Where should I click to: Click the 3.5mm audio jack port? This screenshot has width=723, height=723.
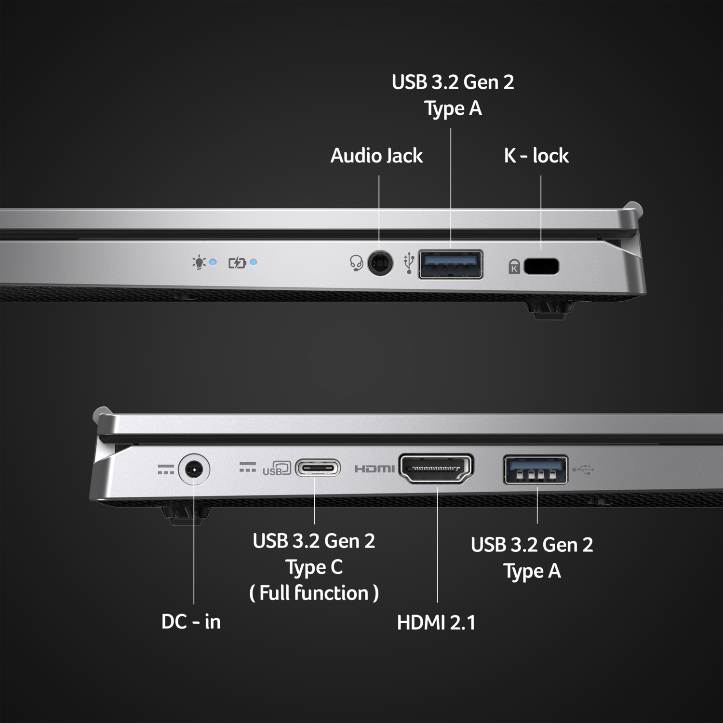click(x=380, y=263)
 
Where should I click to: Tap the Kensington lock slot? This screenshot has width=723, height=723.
click(x=541, y=266)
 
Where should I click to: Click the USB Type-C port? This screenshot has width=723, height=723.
click(x=318, y=468)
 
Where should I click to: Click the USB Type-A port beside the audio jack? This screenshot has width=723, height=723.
click(x=451, y=264)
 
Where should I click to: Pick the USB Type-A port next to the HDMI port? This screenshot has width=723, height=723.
click(x=536, y=469)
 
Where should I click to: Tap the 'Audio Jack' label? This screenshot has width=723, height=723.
click(x=376, y=156)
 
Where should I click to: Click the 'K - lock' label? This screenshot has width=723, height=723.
click(x=536, y=156)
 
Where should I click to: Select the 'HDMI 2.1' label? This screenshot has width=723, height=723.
click(x=436, y=622)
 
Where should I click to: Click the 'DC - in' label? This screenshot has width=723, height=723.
click(x=191, y=621)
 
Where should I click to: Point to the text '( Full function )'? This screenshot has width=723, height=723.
click(x=314, y=593)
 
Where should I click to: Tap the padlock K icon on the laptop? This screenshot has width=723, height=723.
click(x=514, y=267)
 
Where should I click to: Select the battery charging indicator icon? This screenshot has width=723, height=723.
click(x=237, y=263)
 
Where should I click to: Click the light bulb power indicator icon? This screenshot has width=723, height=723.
click(x=199, y=263)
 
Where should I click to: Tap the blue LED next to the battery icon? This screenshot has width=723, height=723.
click(x=254, y=262)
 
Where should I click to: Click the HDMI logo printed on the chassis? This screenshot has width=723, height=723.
click(x=375, y=469)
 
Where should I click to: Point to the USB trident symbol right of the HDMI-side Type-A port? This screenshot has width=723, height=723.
click(x=583, y=469)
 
